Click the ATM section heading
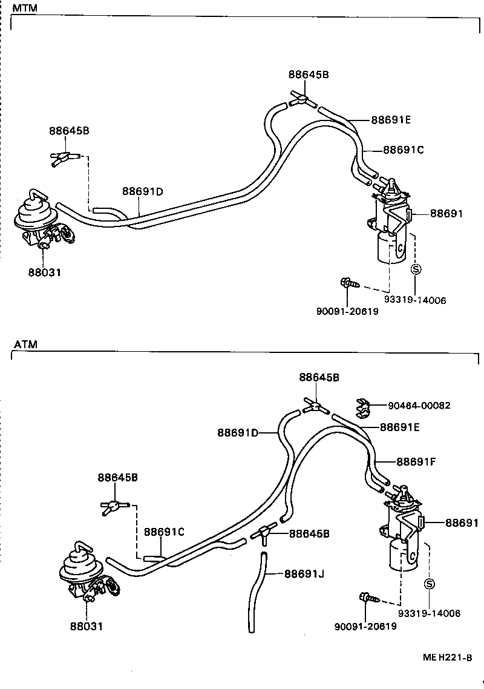[25, 344]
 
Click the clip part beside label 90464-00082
[363, 407]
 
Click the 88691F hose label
[416, 462]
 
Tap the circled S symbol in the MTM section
[416, 270]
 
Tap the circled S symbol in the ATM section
[430, 584]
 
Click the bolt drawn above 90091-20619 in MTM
[349, 283]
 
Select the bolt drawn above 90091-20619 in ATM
[368, 598]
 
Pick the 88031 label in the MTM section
[44, 272]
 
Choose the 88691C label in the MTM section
[403, 150]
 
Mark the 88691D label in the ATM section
[238, 432]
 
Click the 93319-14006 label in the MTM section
[414, 300]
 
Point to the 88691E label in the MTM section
[391, 120]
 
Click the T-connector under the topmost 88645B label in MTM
[301, 98]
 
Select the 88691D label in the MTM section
[143, 192]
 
